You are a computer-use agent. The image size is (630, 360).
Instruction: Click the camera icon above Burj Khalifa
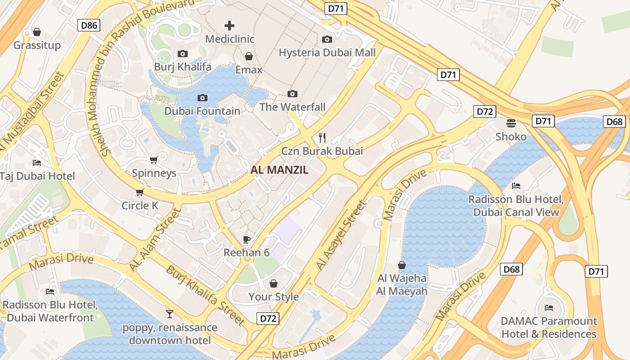[183, 54]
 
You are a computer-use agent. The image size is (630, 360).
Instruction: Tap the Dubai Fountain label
[202, 111]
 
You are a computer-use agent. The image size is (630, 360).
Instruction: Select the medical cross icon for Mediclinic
[229, 26]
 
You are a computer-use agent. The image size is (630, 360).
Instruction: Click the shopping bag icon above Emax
[249, 56]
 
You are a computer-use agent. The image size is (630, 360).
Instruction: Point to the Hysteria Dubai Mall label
[327, 53]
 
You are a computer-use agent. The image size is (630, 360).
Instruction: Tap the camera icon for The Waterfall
[292, 94]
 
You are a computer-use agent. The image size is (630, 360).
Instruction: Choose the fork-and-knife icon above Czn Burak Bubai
[322, 137]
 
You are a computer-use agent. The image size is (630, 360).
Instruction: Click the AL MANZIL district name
[279, 170]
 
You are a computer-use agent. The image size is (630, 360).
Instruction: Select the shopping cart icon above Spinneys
[154, 160]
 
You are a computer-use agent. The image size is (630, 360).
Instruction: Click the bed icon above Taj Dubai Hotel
[37, 162]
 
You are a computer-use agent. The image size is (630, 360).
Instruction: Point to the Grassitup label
[37, 45]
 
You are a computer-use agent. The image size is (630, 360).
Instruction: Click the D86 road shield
[89, 25]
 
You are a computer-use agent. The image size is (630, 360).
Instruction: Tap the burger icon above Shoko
[511, 123]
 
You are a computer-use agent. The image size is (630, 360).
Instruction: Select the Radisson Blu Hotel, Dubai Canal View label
[516, 206]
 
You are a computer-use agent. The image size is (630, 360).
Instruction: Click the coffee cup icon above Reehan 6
[246, 239]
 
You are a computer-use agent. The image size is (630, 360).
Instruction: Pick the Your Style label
[274, 297]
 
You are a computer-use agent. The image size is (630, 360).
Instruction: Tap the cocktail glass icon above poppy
[170, 314]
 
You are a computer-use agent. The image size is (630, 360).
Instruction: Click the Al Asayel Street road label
[341, 236]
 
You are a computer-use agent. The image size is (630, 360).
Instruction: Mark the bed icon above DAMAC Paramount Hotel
[549, 308]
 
